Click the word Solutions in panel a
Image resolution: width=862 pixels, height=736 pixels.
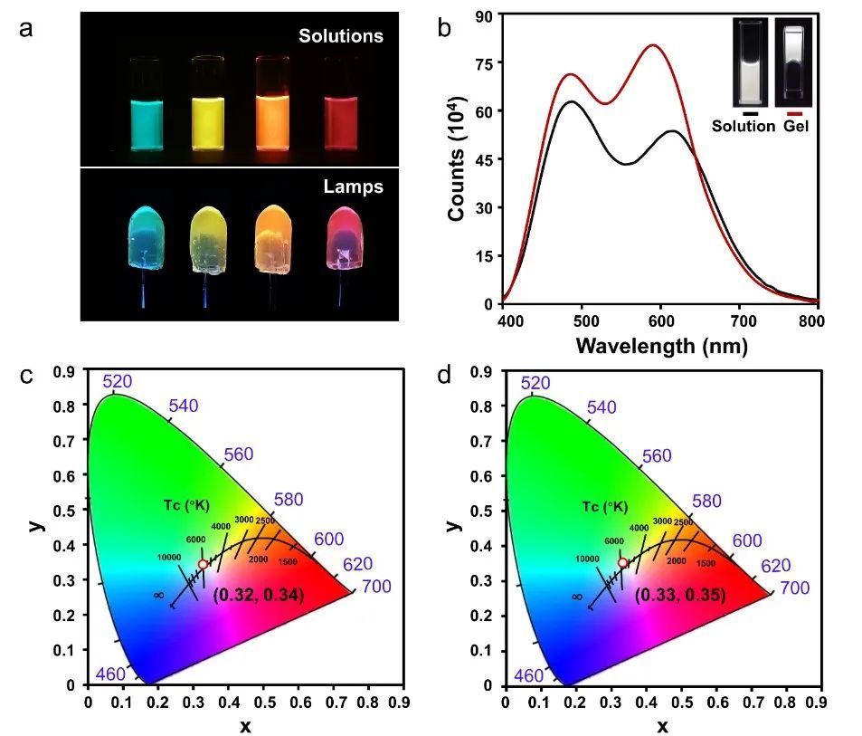point(342,36)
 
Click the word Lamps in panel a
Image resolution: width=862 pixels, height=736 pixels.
point(353,187)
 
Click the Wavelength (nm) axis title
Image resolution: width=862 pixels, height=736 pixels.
point(661,346)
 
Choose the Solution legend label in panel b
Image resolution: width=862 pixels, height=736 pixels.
point(744,127)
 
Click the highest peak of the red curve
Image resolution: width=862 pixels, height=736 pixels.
point(653,45)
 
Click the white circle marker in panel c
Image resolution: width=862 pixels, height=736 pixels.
point(204,564)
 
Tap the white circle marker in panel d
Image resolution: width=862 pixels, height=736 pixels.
point(623,563)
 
